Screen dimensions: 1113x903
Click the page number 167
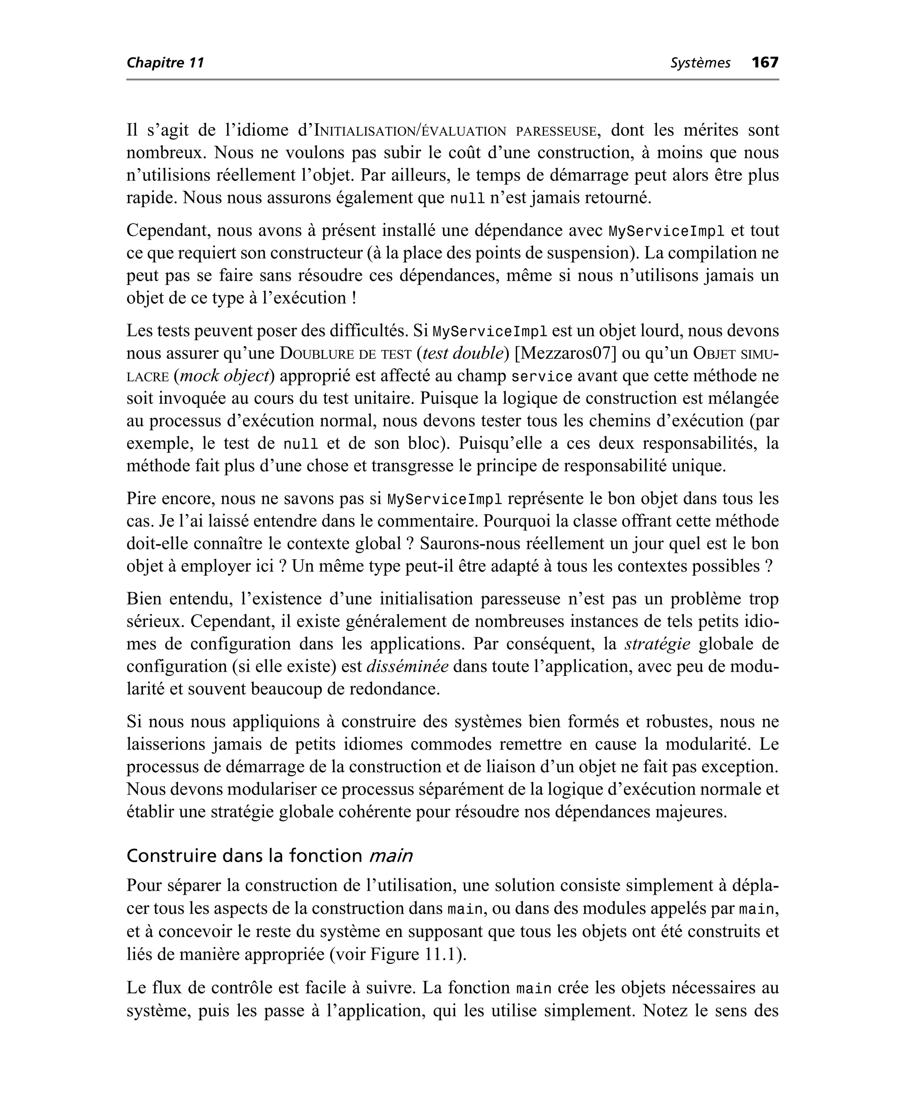click(765, 63)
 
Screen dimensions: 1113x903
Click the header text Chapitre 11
click(165, 63)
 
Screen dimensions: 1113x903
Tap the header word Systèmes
click(700, 63)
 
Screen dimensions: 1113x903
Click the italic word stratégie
click(657, 644)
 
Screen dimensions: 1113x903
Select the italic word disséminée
click(407, 666)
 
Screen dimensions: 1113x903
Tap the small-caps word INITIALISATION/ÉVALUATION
click(410, 131)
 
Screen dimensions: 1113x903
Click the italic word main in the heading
click(391, 855)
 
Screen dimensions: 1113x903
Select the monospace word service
click(541, 376)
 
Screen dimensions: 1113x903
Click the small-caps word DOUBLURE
click(316, 354)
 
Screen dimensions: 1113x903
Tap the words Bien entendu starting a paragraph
click(179, 599)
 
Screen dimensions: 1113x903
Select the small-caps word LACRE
click(147, 377)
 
